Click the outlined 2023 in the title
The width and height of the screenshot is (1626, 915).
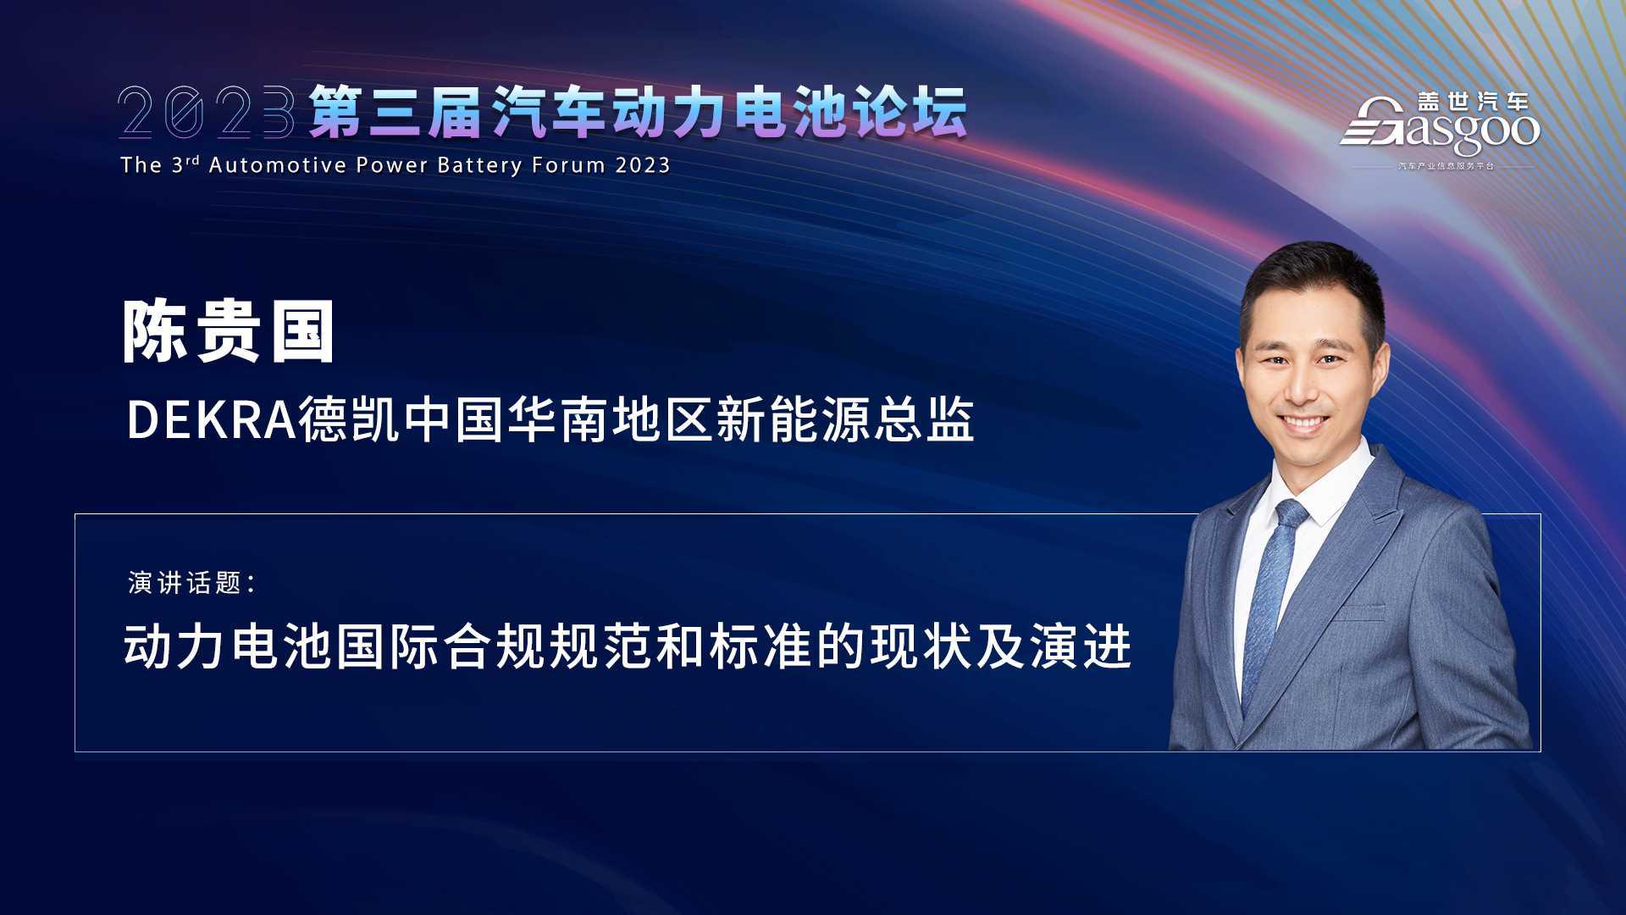pyautogui.click(x=207, y=111)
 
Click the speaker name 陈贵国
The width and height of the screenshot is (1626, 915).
pyautogui.click(x=229, y=332)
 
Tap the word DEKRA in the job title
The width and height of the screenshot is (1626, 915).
pyautogui.click(x=211, y=420)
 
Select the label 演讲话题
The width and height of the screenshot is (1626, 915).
pyautogui.click(x=185, y=583)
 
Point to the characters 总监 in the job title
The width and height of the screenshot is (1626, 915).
pyautogui.click(x=924, y=420)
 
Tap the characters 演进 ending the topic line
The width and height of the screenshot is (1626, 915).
pyautogui.click(x=1081, y=646)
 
